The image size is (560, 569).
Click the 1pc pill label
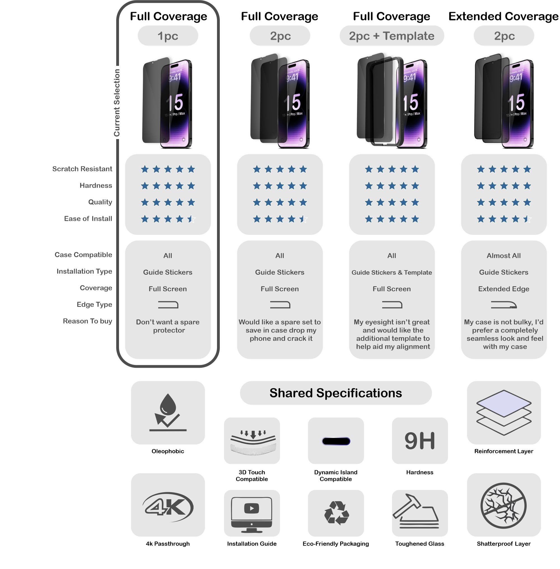coord(168,36)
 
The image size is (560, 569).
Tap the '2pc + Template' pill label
coord(391,36)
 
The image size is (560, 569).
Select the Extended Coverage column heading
coord(503,17)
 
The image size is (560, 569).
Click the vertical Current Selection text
coord(117,103)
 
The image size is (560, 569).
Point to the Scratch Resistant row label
coord(82,169)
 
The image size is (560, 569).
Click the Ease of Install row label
coord(88,219)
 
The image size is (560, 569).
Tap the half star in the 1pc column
coord(191,219)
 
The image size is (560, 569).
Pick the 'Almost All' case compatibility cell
coord(503,256)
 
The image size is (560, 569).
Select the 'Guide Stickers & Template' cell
coord(391,272)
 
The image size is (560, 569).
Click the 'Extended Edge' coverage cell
coord(503,289)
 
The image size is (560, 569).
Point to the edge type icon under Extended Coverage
coord(503,305)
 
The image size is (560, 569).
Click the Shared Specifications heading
coord(336,393)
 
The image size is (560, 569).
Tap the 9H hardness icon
coord(420,441)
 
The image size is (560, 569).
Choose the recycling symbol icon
coord(336,513)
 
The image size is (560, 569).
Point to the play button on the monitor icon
coord(251,508)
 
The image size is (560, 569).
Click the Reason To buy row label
coord(87,321)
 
